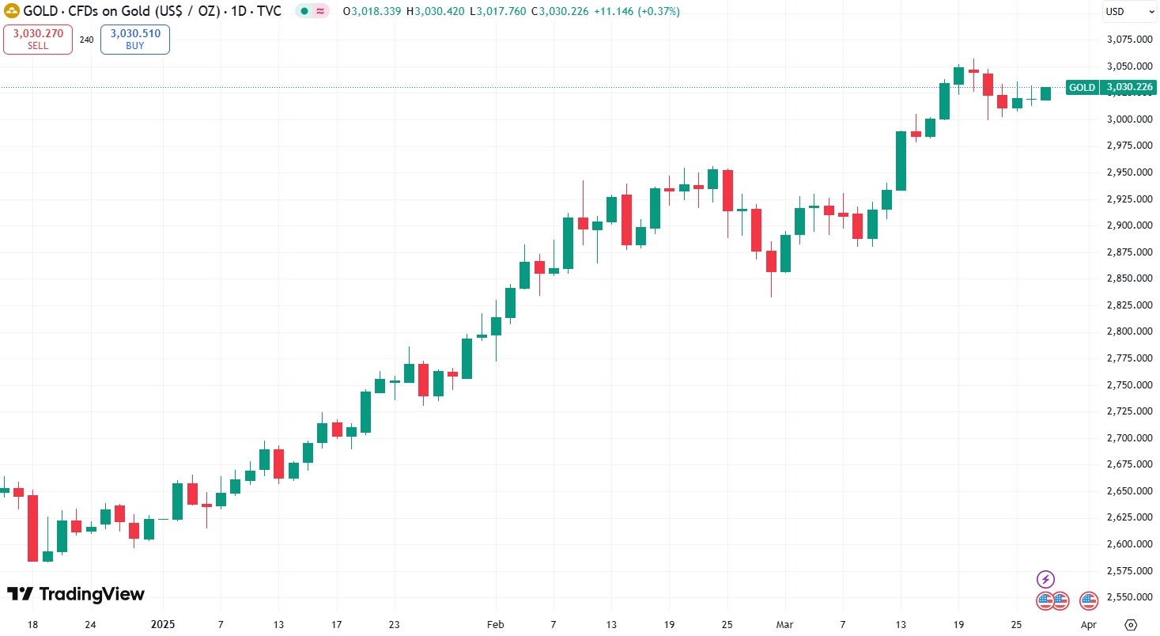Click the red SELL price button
pos(38,40)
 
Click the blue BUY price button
pos(134,40)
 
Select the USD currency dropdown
pos(1128,12)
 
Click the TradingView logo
pos(76,594)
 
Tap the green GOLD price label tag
pos(1109,87)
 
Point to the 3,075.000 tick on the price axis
pos(1128,40)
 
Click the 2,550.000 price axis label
pos(1128,597)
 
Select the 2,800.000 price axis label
pos(1128,331)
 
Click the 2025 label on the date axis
pos(163,624)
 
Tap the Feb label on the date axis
pos(495,624)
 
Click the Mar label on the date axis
pos(785,624)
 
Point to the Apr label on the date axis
pos(1089,624)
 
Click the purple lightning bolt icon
pos(1045,578)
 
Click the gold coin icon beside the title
pos(12,12)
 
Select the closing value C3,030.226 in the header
pos(561,12)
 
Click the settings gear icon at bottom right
pos(1132,624)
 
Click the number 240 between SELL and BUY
pos(86,40)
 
